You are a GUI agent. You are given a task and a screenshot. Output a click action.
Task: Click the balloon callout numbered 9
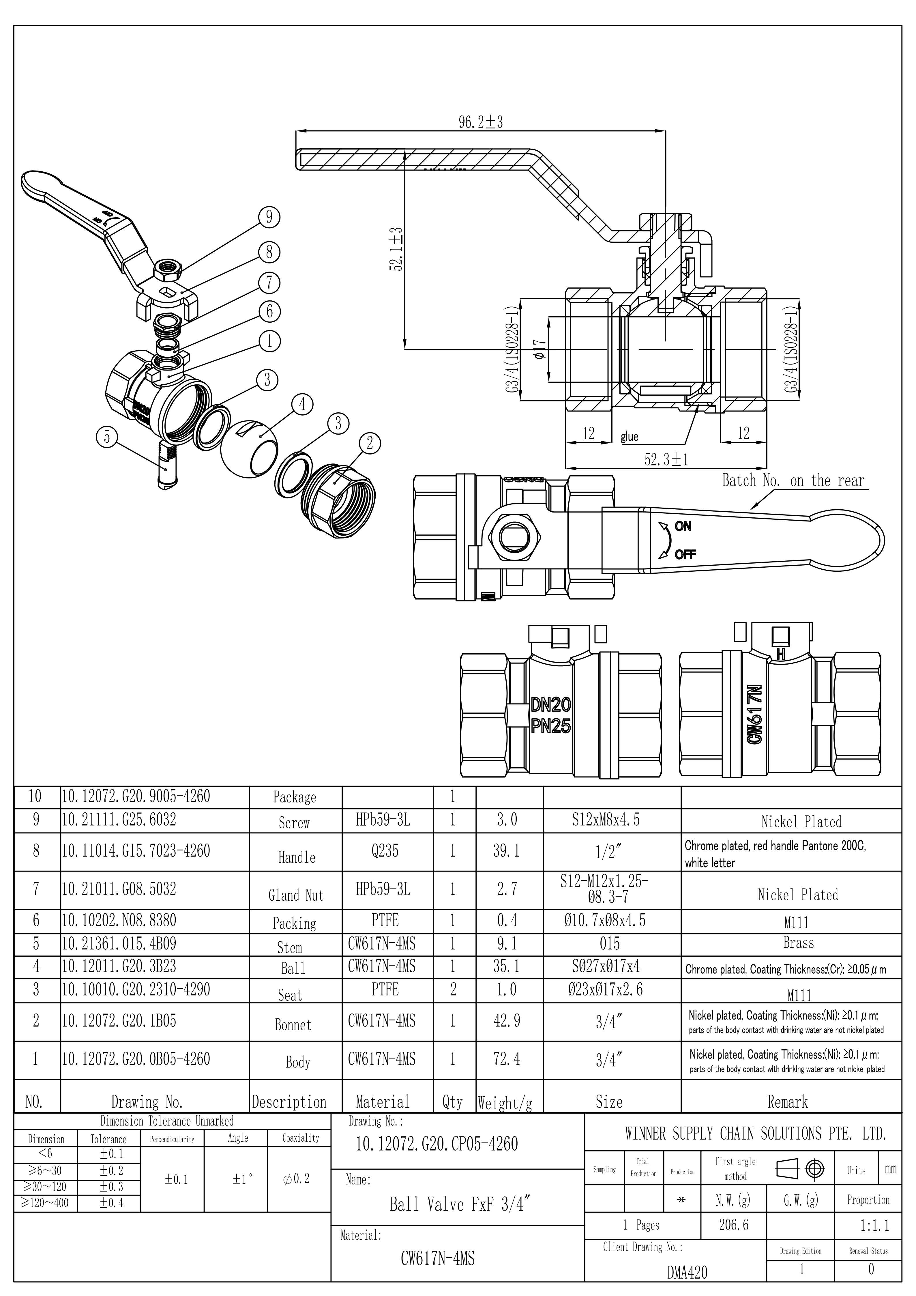[269, 217]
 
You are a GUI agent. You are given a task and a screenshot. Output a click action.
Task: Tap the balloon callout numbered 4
[303, 404]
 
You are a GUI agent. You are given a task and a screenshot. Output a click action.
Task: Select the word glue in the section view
[630, 436]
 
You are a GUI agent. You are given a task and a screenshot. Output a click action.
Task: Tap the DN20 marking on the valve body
[551, 704]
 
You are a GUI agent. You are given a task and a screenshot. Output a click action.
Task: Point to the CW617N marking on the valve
[755, 713]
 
